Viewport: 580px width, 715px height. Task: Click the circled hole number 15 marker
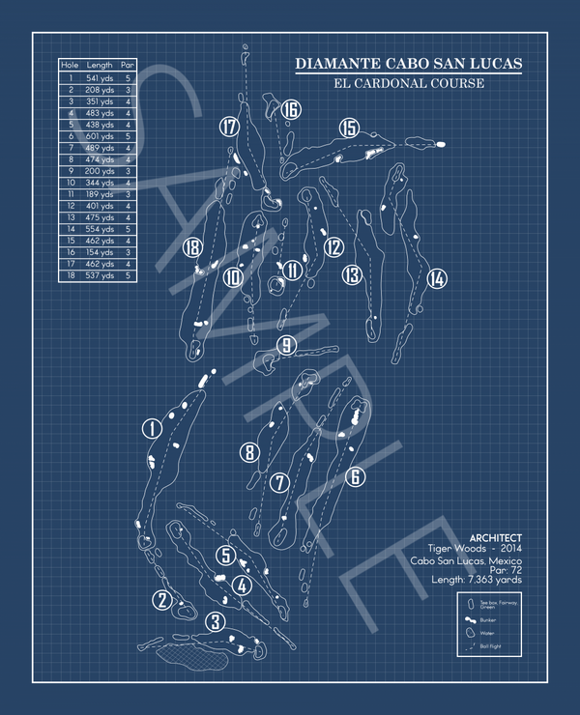pos(349,128)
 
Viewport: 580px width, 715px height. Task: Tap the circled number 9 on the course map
pos(285,345)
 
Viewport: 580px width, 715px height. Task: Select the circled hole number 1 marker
pos(151,427)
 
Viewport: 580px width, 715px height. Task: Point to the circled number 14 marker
pos(437,278)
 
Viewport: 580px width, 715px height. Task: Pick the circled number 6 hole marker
pos(355,476)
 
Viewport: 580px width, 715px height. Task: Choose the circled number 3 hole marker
pos(216,621)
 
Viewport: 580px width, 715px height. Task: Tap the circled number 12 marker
pos(333,247)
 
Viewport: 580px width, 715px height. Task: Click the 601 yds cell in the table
pos(100,136)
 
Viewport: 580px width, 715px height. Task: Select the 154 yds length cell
pos(100,251)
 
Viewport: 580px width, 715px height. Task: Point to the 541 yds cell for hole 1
pos(100,77)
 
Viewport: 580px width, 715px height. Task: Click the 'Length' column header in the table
pos(100,65)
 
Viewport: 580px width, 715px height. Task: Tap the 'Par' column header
pos(128,65)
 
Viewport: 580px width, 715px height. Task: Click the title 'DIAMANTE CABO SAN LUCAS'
pos(408,65)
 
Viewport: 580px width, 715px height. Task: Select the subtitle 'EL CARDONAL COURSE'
pos(408,83)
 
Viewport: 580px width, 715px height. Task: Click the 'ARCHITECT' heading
pos(495,538)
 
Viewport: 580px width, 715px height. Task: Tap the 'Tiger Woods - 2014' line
pos(480,550)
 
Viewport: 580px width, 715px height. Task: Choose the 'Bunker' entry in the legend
pos(486,618)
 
